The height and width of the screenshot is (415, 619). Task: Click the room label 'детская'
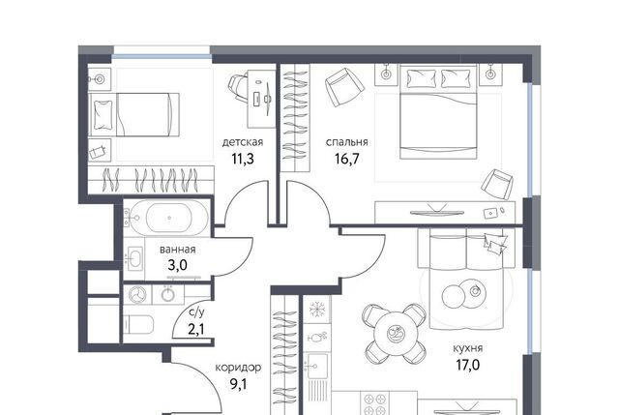click(x=243, y=142)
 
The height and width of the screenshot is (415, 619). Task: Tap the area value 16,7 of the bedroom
click(x=347, y=159)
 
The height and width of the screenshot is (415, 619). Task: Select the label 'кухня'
click(x=468, y=348)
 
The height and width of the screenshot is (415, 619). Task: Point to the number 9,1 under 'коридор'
click(x=238, y=383)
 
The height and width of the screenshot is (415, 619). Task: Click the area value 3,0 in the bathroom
click(x=177, y=265)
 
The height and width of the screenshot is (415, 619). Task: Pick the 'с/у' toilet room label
click(x=196, y=312)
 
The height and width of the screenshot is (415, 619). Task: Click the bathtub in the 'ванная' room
click(x=169, y=218)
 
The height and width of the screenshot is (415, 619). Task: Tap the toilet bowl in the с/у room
click(x=138, y=325)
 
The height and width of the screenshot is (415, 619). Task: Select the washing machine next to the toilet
click(x=137, y=295)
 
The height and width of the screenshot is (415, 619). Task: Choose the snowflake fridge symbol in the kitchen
click(x=316, y=310)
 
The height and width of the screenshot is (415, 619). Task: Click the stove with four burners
click(x=374, y=402)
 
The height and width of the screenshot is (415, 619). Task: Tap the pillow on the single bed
click(x=103, y=115)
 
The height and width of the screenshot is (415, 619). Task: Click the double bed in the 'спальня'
click(x=438, y=112)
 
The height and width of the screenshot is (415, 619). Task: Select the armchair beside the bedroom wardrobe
click(x=343, y=87)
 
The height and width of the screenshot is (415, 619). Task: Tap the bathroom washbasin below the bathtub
click(x=134, y=257)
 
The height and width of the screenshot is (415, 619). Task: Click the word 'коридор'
click(x=238, y=368)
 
